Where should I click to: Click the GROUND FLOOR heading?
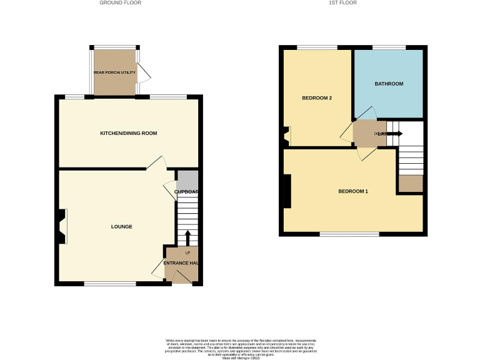[121, 2]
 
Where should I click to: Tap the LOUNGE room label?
[121, 226]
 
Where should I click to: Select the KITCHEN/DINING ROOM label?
[129, 133]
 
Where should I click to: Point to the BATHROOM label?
[389, 84]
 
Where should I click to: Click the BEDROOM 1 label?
[352, 191]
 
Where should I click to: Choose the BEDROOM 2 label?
[316, 98]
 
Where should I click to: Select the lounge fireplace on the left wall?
[62, 226]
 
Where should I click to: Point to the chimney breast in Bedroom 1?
[287, 191]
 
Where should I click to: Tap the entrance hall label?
[181, 263]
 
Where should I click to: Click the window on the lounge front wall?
[110, 284]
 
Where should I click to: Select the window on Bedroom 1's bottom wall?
[349, 234]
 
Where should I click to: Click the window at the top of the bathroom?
[389, 47]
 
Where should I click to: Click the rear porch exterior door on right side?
[144, 73]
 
